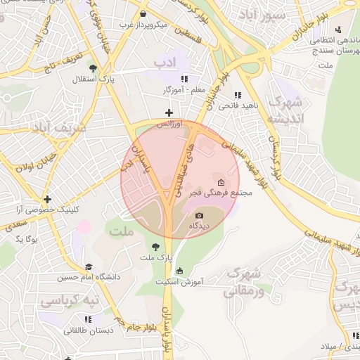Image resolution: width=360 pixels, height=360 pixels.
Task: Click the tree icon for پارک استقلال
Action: coord(93,68)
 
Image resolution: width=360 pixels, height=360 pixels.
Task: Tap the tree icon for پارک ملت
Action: coord(155,246)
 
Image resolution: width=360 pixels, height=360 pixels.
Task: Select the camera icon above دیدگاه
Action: coord(199,215)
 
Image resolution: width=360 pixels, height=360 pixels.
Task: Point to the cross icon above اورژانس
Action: coord(169,112)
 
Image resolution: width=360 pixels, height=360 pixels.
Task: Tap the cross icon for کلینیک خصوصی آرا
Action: coord(47,199)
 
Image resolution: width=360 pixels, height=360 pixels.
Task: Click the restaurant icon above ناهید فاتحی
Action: coord(238,95)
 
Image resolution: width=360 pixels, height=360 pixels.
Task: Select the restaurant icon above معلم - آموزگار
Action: coord(184,79)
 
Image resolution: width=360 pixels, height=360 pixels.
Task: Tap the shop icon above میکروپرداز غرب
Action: coord(143,13)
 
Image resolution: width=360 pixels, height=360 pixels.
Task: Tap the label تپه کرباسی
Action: coord(70,302)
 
